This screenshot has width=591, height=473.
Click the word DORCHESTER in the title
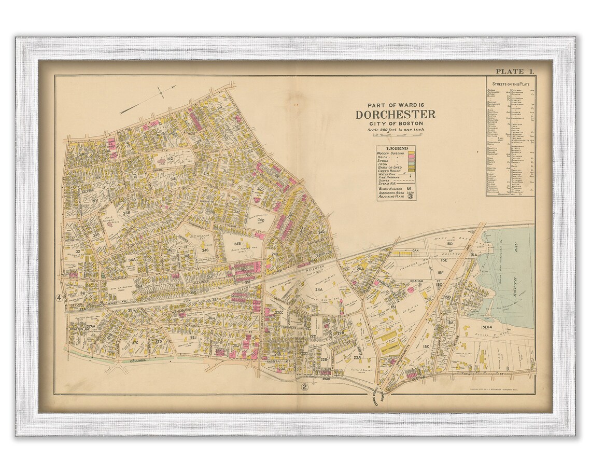(x=395, y=115)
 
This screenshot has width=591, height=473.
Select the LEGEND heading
(x=397, y=148)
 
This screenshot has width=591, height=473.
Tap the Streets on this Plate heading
(x=510, y=83)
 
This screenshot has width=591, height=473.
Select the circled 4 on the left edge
(x=59, y=298)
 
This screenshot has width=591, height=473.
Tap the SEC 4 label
(x=487, y=327)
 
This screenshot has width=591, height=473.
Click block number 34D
(x=261, y=221)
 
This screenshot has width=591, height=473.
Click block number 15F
(x=441, y=272)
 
